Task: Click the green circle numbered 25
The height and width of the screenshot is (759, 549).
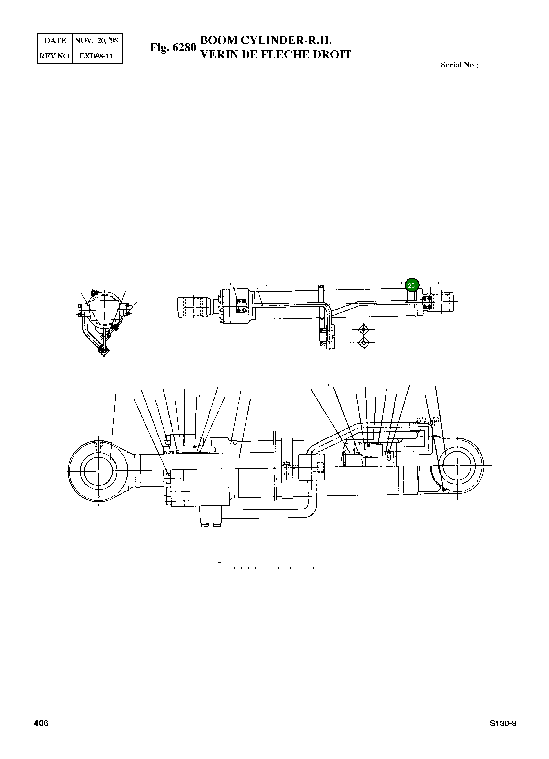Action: click(412, 285)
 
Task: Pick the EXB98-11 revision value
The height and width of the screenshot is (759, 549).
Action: click(96, 56)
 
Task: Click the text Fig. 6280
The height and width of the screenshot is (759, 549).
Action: click(173, 47)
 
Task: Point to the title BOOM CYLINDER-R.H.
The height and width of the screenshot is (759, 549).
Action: click(266, 40)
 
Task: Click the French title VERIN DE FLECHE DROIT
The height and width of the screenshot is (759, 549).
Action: click(276, 54)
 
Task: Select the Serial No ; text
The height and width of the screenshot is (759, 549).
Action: click(459, 65)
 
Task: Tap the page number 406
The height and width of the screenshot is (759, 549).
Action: click(41, 724)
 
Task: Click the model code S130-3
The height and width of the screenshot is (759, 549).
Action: click(503, 724)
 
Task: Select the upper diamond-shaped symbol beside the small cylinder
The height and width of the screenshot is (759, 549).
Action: click(364, 330)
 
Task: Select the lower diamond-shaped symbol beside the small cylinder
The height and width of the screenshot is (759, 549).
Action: click(364, 343)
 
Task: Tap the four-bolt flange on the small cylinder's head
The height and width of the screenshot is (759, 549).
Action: click(241, 306)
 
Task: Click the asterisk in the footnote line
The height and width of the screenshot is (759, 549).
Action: click(219, 563)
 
